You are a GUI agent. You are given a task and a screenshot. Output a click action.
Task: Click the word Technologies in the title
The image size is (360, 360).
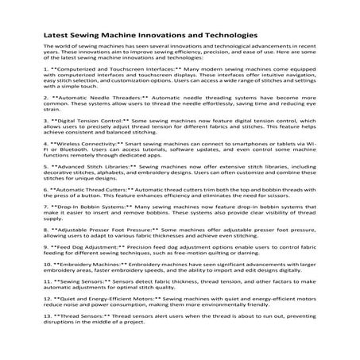(223, 35)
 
